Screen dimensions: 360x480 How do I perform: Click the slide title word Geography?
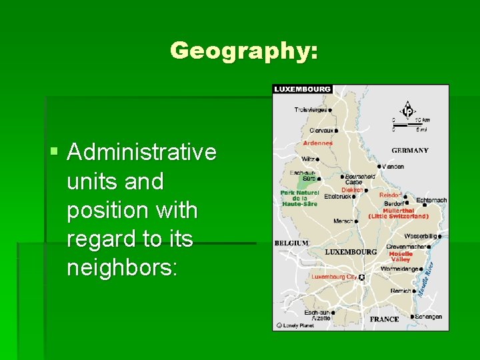tap(243, 51)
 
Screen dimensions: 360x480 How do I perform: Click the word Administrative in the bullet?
tap(142, 152)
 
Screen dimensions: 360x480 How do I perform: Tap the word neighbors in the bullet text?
tap(122, 268)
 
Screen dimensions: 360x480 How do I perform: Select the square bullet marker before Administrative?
tap(55, 153)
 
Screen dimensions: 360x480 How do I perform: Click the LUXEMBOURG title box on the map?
tap(302, 89)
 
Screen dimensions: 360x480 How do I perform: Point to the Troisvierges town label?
tap(311, 110)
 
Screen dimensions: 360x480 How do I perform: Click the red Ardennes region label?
tap(317, 143)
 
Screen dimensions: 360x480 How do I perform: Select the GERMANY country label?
tap(410, 150)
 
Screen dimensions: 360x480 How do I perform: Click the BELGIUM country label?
tap(291, 243)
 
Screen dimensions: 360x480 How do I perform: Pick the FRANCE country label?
tap(385, 319)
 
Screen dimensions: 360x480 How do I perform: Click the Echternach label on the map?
tap(431, 200)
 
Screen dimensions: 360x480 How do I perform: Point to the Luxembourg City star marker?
tap(361, 277)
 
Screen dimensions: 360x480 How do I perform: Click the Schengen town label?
tap(428, 317)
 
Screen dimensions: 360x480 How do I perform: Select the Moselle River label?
tap(425, 279)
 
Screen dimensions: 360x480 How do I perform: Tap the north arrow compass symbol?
tap(406, 109)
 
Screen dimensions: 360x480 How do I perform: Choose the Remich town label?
tap(400, 291)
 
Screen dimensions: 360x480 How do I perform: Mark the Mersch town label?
tap(343, 221)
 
